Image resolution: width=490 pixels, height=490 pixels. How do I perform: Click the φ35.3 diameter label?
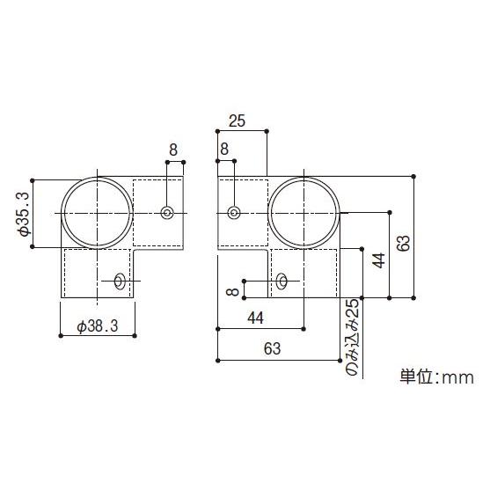24,214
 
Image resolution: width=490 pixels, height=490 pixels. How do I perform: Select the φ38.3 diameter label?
98,325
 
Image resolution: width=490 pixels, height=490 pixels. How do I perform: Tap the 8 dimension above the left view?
173,150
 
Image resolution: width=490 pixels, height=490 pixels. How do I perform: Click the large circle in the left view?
95,213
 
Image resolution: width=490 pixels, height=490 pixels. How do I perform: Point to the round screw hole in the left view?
167,212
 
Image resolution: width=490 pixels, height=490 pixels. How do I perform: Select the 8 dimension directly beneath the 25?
225,150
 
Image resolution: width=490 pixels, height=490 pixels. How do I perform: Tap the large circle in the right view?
305,213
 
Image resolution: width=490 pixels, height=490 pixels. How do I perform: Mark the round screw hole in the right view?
233,212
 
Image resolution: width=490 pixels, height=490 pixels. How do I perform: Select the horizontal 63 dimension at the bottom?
272,349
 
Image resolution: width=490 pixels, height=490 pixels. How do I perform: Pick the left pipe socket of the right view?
241,213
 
